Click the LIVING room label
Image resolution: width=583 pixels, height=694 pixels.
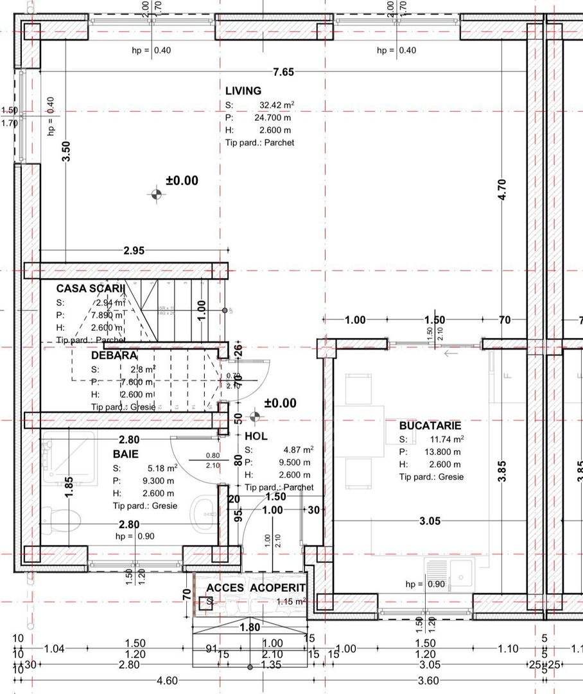pyautogui.click(x=243, y=91)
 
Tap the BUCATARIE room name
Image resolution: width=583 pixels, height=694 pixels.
pyautogui.click(x=430, y=425)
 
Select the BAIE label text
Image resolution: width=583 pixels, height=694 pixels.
pyautogui.click(x=125, y=454)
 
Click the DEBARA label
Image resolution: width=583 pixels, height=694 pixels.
pyautogui.click(x=114, y=355)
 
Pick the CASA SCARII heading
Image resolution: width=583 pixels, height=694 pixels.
pyautogui.click(x=90, y=289)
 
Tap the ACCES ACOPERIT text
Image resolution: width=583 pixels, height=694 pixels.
pyautogui.click(x=255, y=588)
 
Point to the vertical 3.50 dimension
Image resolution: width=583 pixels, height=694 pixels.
pyautogui.click(x=66, y=151)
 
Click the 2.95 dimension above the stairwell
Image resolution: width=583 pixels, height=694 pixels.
pyautogui.click(x=134, y=251)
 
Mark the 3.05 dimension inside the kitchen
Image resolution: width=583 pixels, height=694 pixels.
pyautogui.click(x=430, y=521)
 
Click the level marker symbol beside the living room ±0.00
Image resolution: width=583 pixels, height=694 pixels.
pyautogui.click(x=156, y=193)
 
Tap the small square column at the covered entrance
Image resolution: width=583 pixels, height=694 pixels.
pyautogui.click(x=206, y=603)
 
